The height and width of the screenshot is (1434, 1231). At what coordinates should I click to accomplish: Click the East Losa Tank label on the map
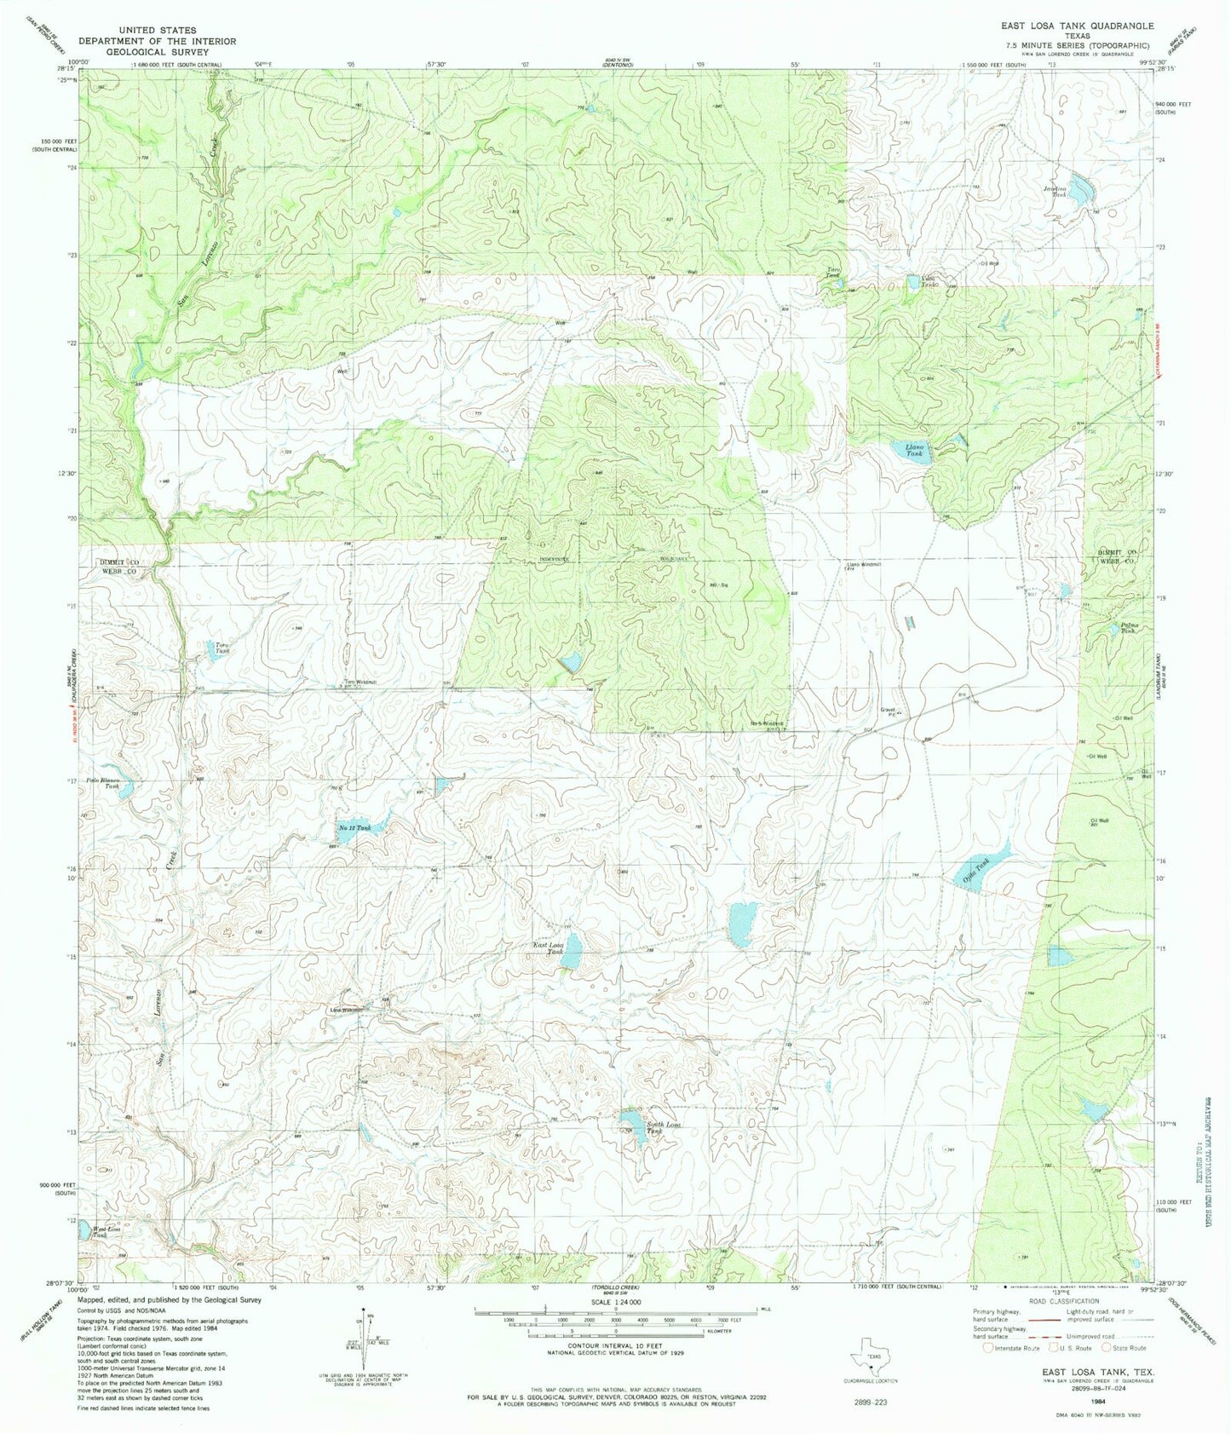[x=549, y=948]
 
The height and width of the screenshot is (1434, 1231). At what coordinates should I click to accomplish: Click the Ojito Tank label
[x=976, y=869]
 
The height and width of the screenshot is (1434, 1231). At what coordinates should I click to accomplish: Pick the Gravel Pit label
[x=889, y=711]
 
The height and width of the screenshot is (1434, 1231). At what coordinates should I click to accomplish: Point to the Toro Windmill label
[x=360, y=681]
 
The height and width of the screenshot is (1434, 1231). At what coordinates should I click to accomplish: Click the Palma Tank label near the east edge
[x=1129, y=628]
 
